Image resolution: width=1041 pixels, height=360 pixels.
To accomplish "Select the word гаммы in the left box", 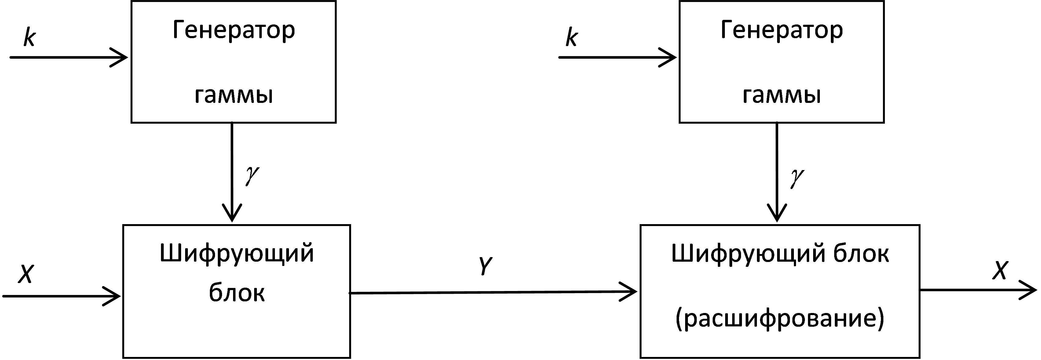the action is pyautogui.click(x=234, y=96).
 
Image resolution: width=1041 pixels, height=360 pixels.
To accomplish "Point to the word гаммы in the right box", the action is pyautogui.click(x=782, y=96).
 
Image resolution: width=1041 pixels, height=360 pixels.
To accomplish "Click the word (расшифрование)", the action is pyautogui.click(x=780, y=319).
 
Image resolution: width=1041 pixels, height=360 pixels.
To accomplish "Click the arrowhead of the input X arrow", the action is pyautogui.click(x=112, y=296).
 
